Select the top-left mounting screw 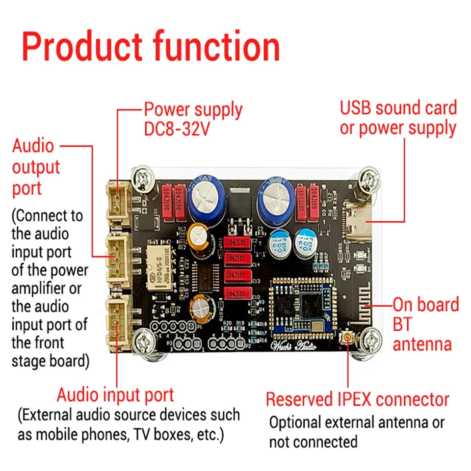point(143,178)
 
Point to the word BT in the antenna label point(403,324)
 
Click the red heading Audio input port point(115,394)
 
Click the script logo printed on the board point(292,347)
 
